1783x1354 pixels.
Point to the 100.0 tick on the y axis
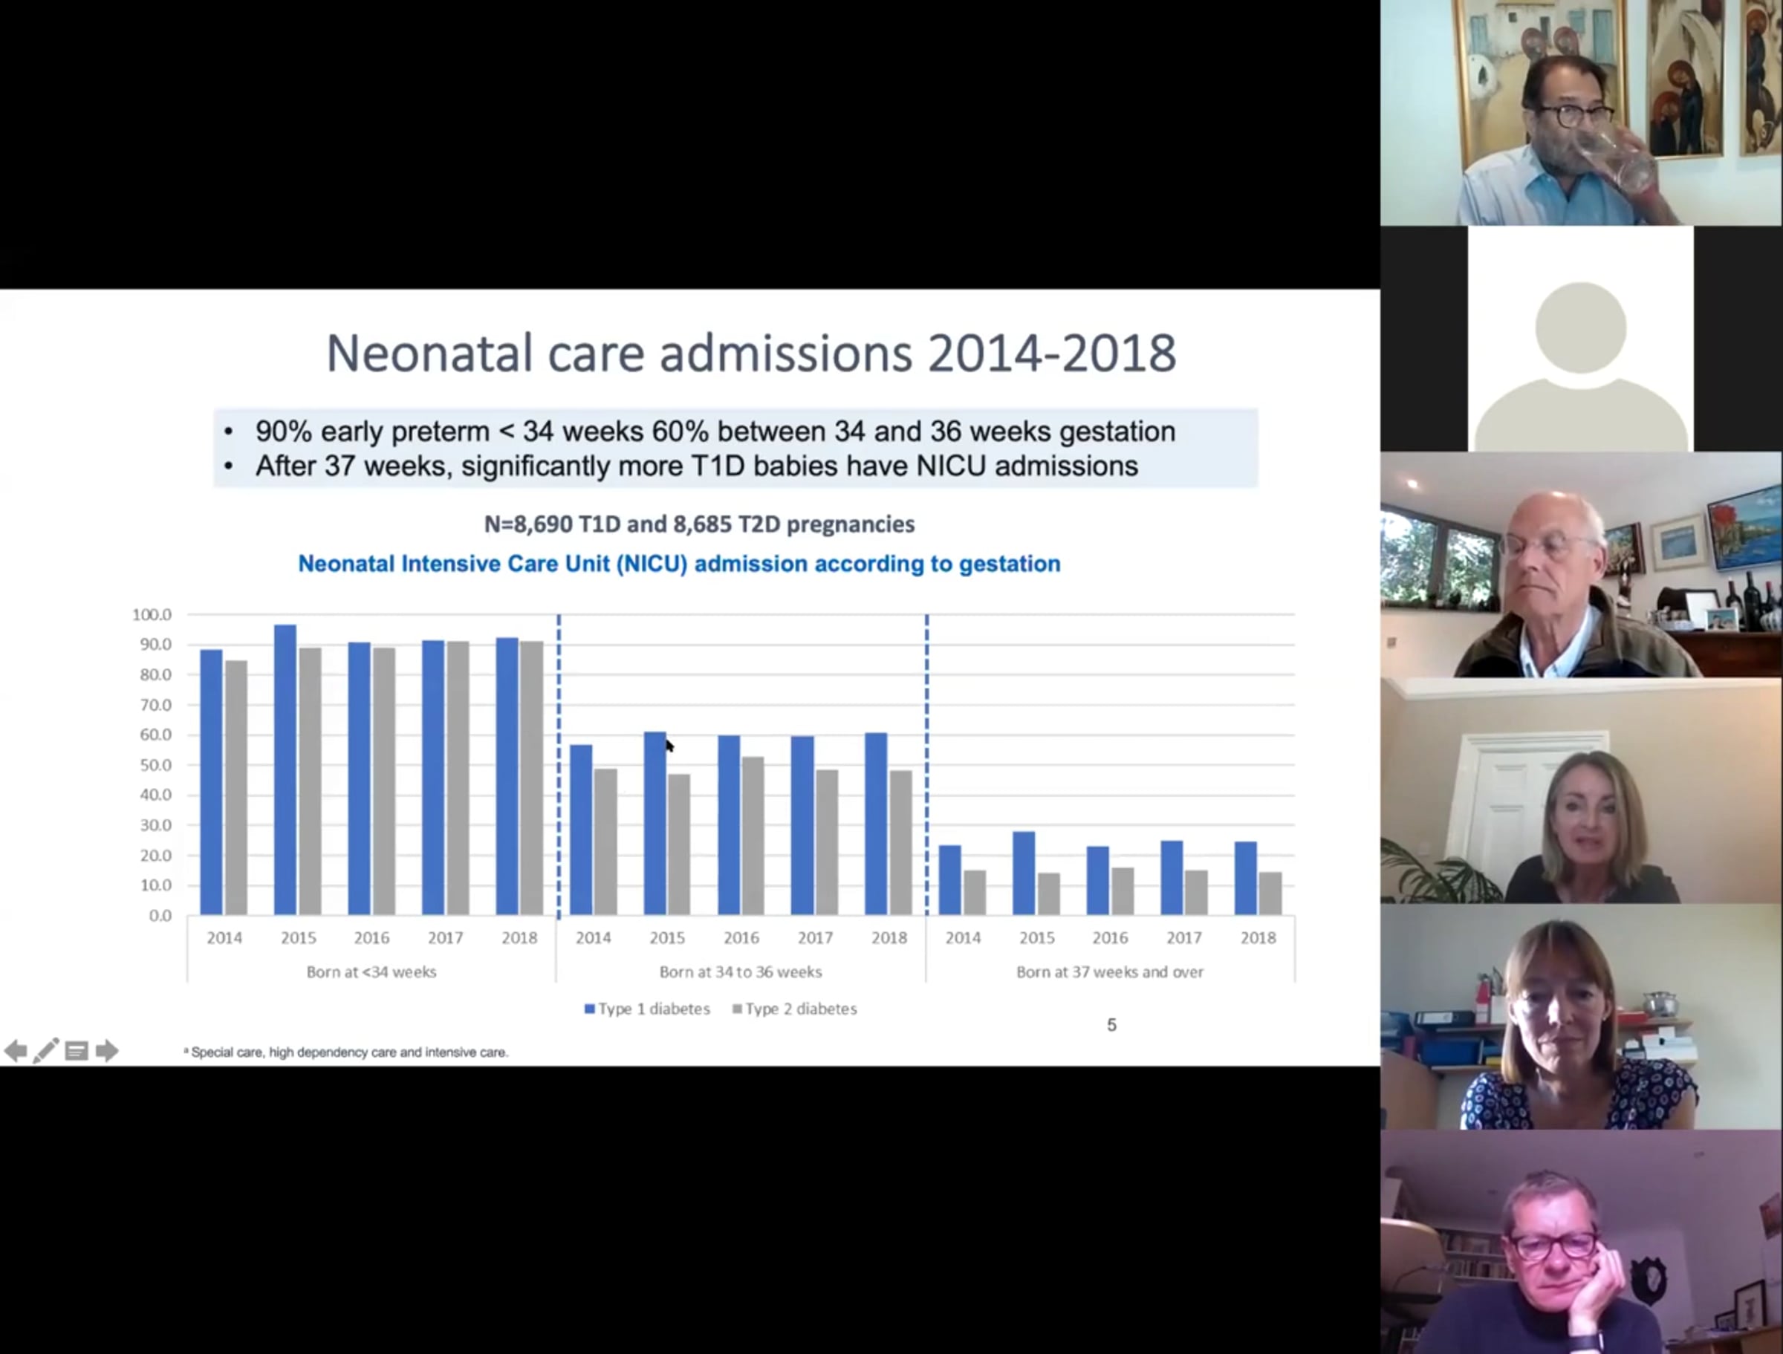tap(152, 614)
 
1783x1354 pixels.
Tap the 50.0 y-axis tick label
tap(155, 765)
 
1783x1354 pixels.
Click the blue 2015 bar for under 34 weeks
tap(285, 769)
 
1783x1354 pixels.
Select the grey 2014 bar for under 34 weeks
tap(236, 787)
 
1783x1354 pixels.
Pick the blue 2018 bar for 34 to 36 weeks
tap(876, 824)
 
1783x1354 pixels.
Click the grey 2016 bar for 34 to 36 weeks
tap(753, 836)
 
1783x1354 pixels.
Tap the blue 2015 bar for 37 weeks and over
tap(1024, 873)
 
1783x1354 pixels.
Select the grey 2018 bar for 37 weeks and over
tap(1270, 893)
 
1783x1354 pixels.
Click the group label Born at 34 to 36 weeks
tap(741, 972)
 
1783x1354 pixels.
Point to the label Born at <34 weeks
tap(371, 972)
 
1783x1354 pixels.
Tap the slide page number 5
tap(1111, 1025)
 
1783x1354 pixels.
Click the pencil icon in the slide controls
tap(46, 1050)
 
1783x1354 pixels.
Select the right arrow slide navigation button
tap(106, 1050)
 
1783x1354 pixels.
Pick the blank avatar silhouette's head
tap(1581, 328)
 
